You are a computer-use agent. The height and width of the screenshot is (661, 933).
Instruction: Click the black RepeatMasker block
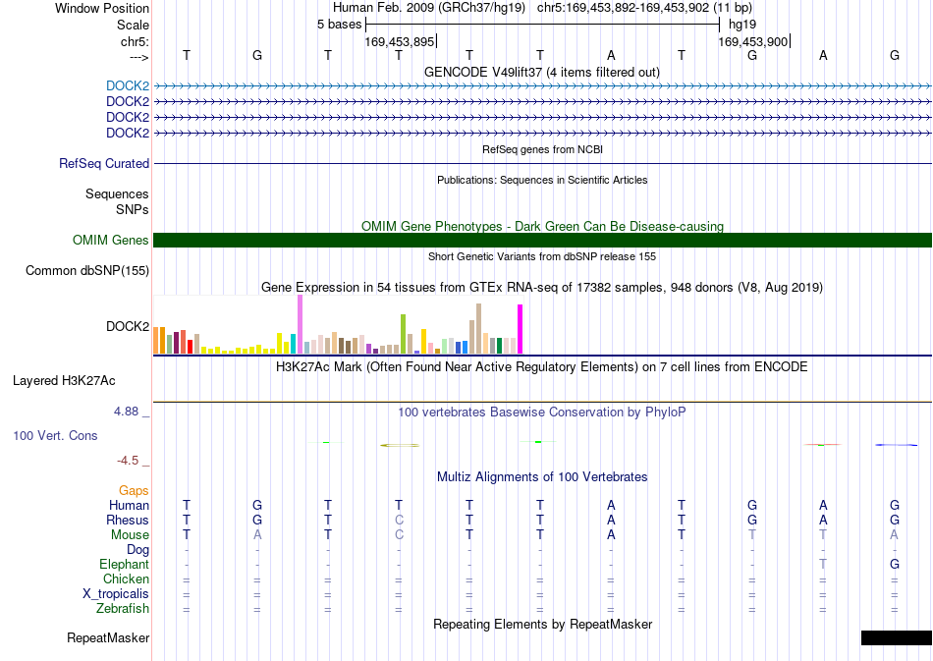pyautogui.click(x=896, y=637)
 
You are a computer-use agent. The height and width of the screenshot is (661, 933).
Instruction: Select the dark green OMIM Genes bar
pyautogui.click(x=543, y=240)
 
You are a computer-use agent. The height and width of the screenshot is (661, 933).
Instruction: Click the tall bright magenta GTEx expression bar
pyautogui.click(x=521, y=329)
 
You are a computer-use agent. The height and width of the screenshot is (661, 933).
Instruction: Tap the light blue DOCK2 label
pyautogui.click(x=128, y=85)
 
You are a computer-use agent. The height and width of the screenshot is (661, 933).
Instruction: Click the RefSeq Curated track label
pyautogui.click(x=104, y=163)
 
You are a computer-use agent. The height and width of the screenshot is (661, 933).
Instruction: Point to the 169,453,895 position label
pyautogui.click(x=400, y=41)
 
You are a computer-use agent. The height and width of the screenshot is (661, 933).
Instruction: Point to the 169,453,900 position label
pyautogui.click(x=752, y=41)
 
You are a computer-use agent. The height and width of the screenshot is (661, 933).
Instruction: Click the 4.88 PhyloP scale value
pyautogui.click(x=126, y=412)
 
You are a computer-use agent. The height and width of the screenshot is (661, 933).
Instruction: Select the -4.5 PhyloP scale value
pyautogui.click(x=128, y=460)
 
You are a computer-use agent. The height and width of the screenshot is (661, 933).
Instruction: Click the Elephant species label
pyautogui.click(x=124, y=564)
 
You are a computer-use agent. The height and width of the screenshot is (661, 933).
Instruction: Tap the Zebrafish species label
pyautogui.click(x=123, y=608)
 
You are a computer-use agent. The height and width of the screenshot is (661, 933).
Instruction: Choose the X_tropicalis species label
pyautogui.click(x=116, y=594)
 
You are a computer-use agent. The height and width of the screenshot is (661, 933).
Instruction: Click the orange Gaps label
pyautogui.click(x=134, y=490)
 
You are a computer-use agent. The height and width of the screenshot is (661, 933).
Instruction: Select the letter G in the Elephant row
pyautogui.click(x=895, y=564)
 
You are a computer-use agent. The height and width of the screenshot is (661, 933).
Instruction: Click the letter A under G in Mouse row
pyautogui.click(x=257, y=535)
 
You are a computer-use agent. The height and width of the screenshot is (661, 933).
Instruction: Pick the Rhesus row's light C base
pyautogui.click(x=399, y=520)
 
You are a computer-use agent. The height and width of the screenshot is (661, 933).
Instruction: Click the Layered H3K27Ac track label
pyautogui.click(x=64, y=381)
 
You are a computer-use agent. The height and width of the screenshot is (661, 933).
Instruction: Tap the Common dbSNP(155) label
pyautogui.click(x=87, y=271)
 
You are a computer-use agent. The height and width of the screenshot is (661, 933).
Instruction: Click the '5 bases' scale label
pyautogui.click(x=339, y=25)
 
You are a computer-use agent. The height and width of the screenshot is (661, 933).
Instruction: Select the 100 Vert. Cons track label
pyautogui.click(x=55, y=435)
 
